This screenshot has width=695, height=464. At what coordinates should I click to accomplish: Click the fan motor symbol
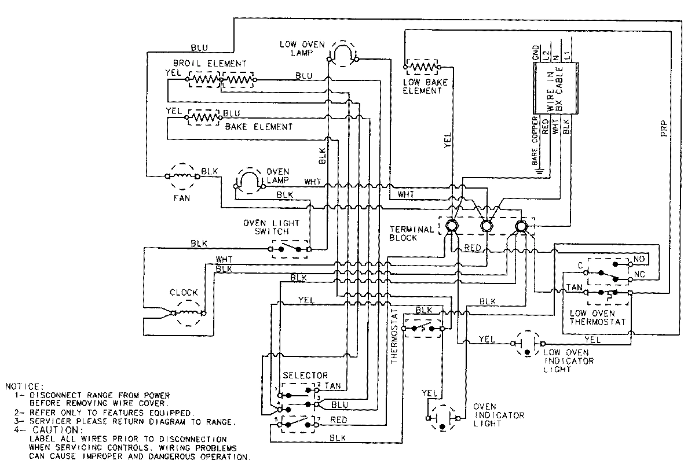[182, 175]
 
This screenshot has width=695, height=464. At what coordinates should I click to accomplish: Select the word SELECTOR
[305, 375]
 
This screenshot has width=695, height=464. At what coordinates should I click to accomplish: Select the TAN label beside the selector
[332, 385]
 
